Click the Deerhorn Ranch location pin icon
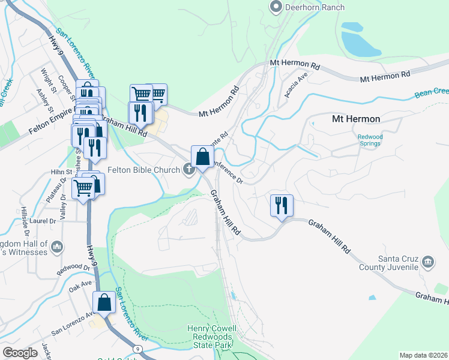coord(276,7)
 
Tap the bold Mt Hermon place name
coord(356,119)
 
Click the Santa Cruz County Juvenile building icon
coord(428,262)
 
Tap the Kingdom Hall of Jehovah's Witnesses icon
coord(57,247)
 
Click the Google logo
coord(20,353)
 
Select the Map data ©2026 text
coord(423,355)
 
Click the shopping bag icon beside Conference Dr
coord(203,158)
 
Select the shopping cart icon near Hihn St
coord(83,189)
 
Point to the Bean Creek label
coord(432,92)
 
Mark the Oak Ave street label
coord(80,283)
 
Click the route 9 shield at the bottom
coord(139,348)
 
